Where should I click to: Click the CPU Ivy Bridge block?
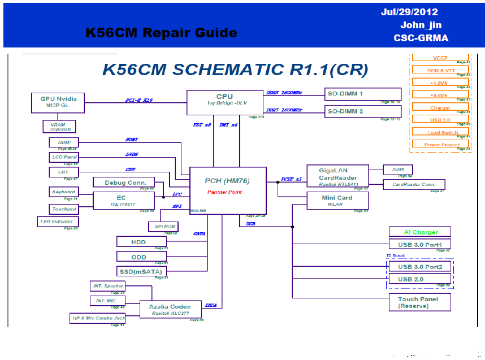click(224, 101)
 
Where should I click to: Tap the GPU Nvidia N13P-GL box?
click(58, 103)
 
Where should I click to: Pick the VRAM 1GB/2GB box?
click(59, 127)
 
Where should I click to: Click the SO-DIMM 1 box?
click(363, 94)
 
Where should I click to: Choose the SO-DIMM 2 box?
click(363, 111)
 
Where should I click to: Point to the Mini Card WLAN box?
click(337, 201)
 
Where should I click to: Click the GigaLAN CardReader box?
click(337, 176)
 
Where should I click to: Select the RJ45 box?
click(397, 170)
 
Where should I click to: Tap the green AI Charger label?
click(421, 232)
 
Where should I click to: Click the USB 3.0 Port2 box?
click(420, 267)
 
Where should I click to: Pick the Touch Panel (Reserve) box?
click(420, 303)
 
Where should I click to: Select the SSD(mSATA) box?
click(141, 271)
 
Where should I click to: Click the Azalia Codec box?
click(170, 309)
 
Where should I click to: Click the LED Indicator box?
click(57, 222)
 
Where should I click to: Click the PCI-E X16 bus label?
click(139, 100)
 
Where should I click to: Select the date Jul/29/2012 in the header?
click(409, 12)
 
